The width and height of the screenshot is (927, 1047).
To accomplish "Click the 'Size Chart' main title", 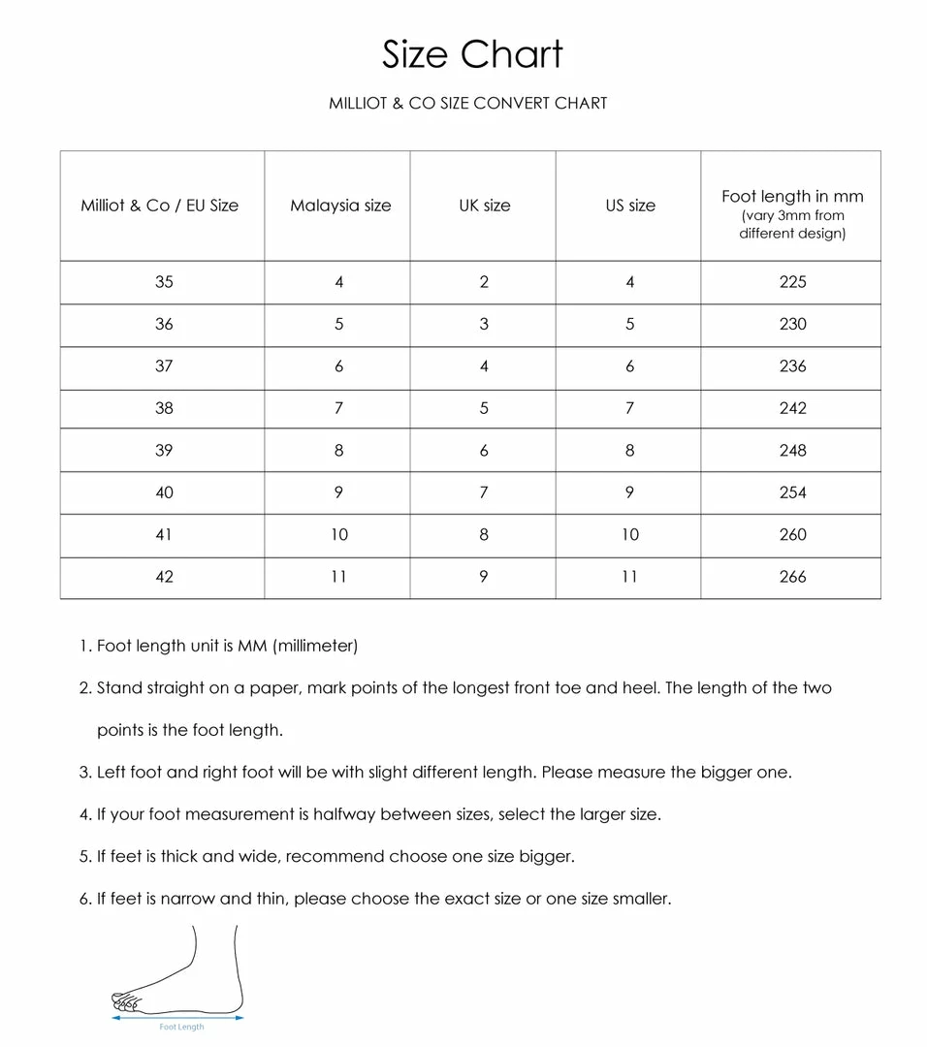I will tap(472, 54).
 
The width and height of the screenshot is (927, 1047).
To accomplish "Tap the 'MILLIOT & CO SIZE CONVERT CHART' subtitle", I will tap(467, 103).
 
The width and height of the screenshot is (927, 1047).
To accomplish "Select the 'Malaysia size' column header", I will tap(340, 206).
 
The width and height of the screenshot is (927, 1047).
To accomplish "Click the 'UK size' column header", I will tap(484, 206).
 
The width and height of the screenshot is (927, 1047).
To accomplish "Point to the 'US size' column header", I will tap(630, 206).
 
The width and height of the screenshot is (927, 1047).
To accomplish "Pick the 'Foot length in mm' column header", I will tap(792, 197).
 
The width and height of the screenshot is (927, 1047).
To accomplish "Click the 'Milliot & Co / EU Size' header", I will tap(160, 206).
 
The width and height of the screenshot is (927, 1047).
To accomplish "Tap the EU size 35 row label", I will tap(164, 282).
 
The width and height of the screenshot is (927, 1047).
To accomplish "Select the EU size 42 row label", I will tap(164, 577).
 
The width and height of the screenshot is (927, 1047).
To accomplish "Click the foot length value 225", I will tap(792, 282).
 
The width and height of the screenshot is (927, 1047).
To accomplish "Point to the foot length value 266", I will tap(792, 577).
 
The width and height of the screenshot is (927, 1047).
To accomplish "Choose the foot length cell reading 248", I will tap(792, 451).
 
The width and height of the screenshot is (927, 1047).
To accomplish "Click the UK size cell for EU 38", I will tap(484, 408).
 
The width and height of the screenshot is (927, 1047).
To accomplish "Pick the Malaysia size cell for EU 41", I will tap(339, 534).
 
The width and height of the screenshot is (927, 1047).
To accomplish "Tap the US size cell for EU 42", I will tap(630, 577).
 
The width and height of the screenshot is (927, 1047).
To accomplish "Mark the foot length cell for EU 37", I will tap(792, 366).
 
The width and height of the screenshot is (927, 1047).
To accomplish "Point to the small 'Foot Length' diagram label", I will tap(181, 1027).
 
